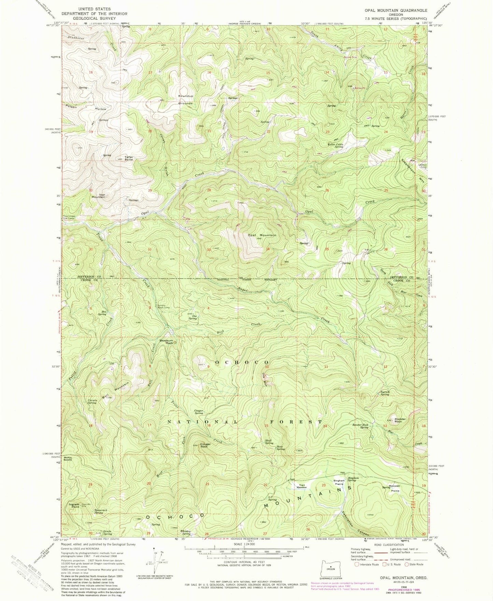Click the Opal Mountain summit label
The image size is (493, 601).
[262, 235]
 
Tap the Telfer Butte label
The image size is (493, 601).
[129, 158]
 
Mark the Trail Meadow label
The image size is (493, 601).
[301, 486]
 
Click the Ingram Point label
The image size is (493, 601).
[74, 506]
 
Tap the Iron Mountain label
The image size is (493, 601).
[98, 196]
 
